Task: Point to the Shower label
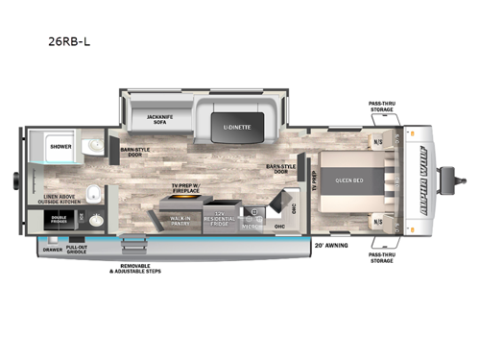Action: coord(60,147)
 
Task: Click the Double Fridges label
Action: coord(60,218)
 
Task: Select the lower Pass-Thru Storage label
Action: coord(383,256)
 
